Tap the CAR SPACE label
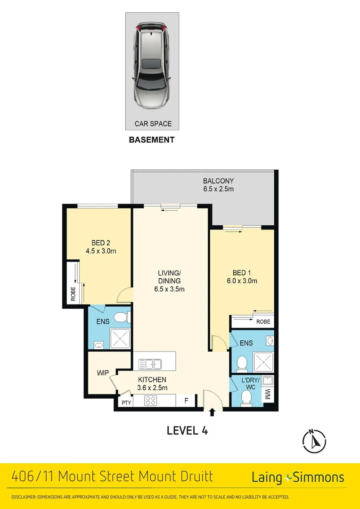coord(153,124)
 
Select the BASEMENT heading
coord(152,140)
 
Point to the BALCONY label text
coord(218,181)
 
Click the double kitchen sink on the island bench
coord(150,364)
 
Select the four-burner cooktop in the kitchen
coord(151,401)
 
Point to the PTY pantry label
coord(126,402)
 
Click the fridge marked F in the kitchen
coord(186,402)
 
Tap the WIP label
coord(103,373)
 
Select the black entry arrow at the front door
coord(212,412)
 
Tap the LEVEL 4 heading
coord(187,430)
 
